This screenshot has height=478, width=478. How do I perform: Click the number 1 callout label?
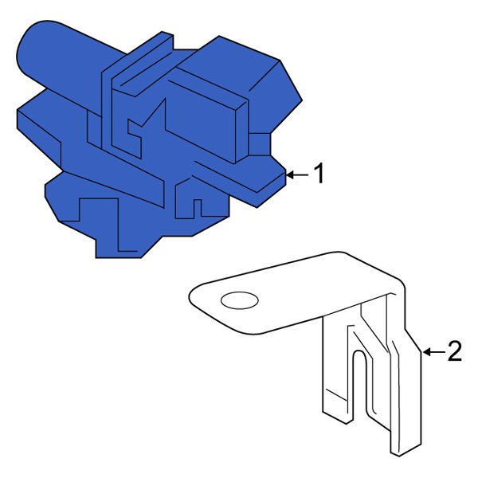coord(319,174)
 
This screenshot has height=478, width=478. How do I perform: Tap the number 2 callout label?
coord(454,351)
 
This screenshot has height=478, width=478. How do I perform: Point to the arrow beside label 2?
coord(431,351)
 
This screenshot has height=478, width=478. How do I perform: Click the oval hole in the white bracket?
coord(239,300)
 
